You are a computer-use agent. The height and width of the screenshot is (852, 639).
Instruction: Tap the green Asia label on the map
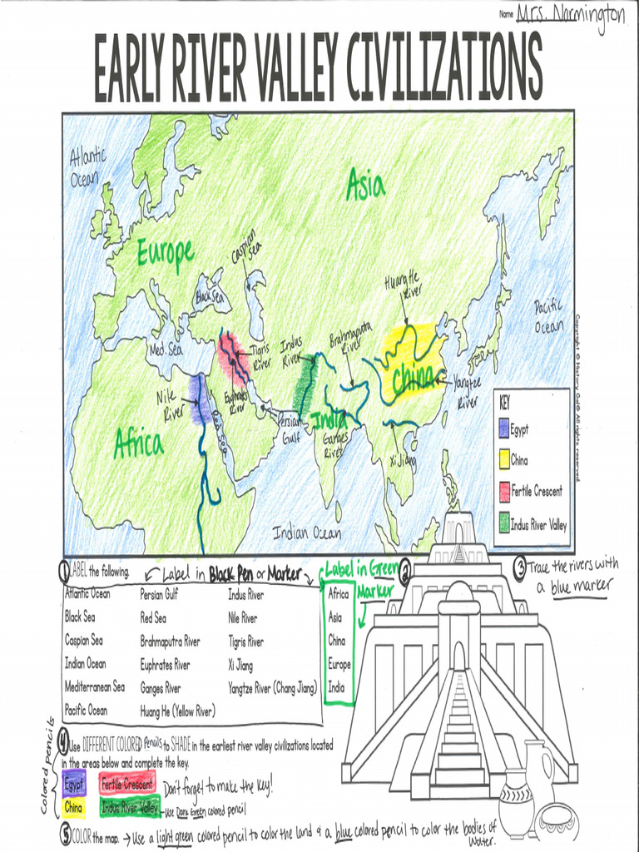coord(365,185)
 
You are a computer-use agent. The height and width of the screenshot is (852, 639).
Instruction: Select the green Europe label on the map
coord(166,250)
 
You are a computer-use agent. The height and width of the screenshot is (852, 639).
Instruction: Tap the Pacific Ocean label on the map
coord(548,317)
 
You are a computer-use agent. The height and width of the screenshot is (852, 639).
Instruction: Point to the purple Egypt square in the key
coord(503,429)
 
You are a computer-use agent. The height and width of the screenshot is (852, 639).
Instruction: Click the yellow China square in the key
coord(503,460)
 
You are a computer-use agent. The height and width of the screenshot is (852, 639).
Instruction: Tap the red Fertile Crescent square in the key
coord(503,491)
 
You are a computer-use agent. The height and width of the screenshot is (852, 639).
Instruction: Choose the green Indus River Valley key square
coord(503,524)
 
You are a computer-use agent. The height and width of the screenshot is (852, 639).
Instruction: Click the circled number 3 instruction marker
coord(519,568)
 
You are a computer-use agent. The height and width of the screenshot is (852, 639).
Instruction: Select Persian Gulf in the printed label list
coord(159,594)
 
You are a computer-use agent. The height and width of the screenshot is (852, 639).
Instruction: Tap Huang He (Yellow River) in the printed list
coord(177,711)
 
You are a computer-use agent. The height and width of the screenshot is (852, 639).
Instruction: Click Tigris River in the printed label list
coord(245,641)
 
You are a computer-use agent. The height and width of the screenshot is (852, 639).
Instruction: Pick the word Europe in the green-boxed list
coord(339,665)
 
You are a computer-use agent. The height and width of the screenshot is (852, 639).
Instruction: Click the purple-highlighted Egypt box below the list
coord(74,784)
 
